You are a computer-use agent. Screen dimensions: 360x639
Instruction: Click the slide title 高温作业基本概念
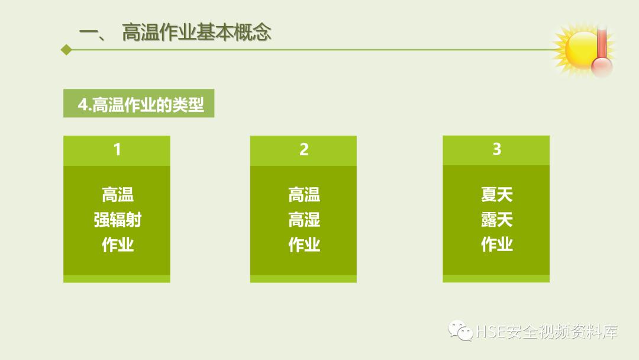tap(196, 32)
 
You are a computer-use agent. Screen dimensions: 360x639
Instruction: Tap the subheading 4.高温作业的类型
tap(140, 105)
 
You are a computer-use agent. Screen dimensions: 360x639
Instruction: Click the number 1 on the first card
tap(117, 149)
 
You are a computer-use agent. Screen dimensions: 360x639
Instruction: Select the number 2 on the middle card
tap(304, 150)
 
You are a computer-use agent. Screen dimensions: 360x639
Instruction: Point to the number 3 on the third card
tap(496, 149)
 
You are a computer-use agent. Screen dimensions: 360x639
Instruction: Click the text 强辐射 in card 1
tap(117, 220)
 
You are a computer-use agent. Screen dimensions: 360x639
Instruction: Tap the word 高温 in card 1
tap(117, 195)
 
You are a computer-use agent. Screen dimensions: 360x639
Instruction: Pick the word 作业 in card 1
tap(117, 245)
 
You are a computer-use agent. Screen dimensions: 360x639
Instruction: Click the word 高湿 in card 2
tap(304, 220)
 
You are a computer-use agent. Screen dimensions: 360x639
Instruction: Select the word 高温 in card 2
tap(304, 195)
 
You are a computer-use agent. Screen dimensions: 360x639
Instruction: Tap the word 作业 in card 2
tap(304, 245)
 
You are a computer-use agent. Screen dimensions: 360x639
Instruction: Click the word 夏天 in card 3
tap(496, 194)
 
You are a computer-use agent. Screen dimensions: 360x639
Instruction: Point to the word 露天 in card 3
tap(496, 220)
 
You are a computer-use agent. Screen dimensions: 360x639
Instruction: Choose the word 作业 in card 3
tap(496, 244)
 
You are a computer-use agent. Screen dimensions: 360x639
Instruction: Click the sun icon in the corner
tap(576, 49)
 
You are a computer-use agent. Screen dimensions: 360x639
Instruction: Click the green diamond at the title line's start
tap(66, 50)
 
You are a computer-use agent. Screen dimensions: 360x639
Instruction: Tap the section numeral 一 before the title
tap(92, 33)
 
